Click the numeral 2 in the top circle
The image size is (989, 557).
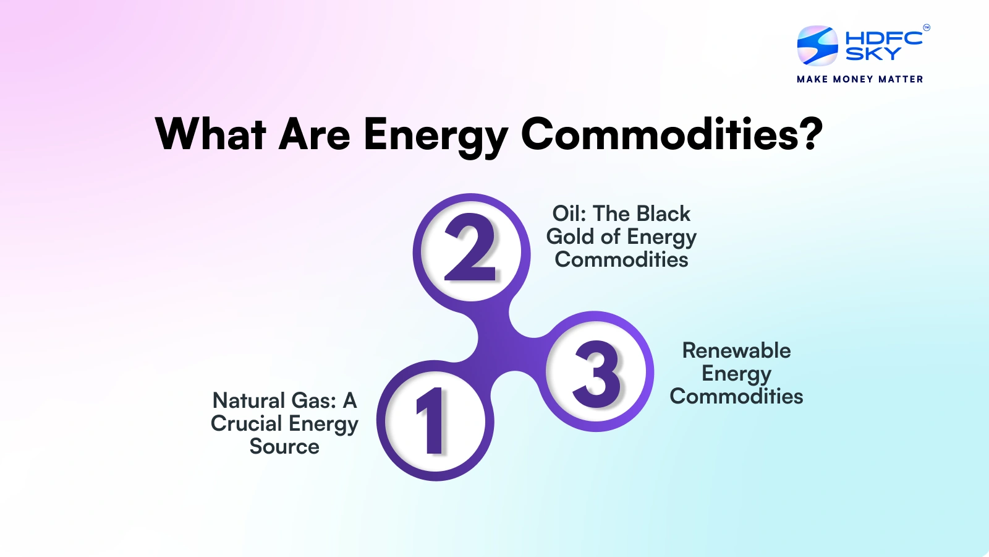pyautogui.click(x=471, y=248)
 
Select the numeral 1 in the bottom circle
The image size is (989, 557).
pyautogui.click(x=433, y=421)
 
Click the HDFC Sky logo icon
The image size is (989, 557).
pyautogui.click(x=817, y=46)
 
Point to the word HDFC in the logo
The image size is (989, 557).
pyautogui.click(x=883, y=38)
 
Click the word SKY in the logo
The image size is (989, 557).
pyautogui.click(x=873, y=54)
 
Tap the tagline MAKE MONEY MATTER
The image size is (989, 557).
pyautogui.click(x=860, y=79)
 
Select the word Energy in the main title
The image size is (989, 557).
pyautogui.click(x=435, y=135)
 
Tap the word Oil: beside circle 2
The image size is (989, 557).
pyautogui.click(x=569, y=214)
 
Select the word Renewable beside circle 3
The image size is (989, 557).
pyautogui.click(x=736, y=350)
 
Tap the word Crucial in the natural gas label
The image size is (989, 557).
pyautogui.click(x=246, y=423)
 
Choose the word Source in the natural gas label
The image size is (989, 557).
pyautogui.click(x=284, y=446)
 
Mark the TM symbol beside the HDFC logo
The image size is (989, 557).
pyautogui.click(x=927, y=27)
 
